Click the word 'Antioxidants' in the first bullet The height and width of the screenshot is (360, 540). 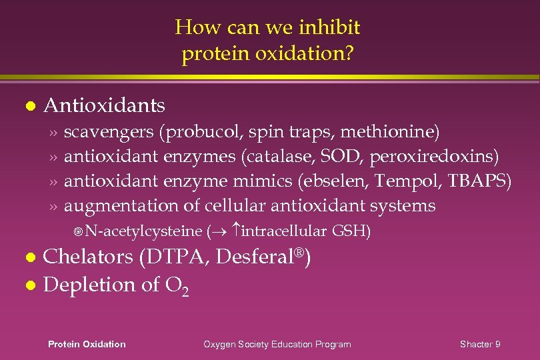click(104, 105)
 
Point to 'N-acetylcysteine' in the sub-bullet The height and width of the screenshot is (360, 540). click(143, 231)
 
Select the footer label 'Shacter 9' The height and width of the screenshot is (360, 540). click(480, 344)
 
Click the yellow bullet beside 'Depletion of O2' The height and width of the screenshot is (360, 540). click(27, 285)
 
